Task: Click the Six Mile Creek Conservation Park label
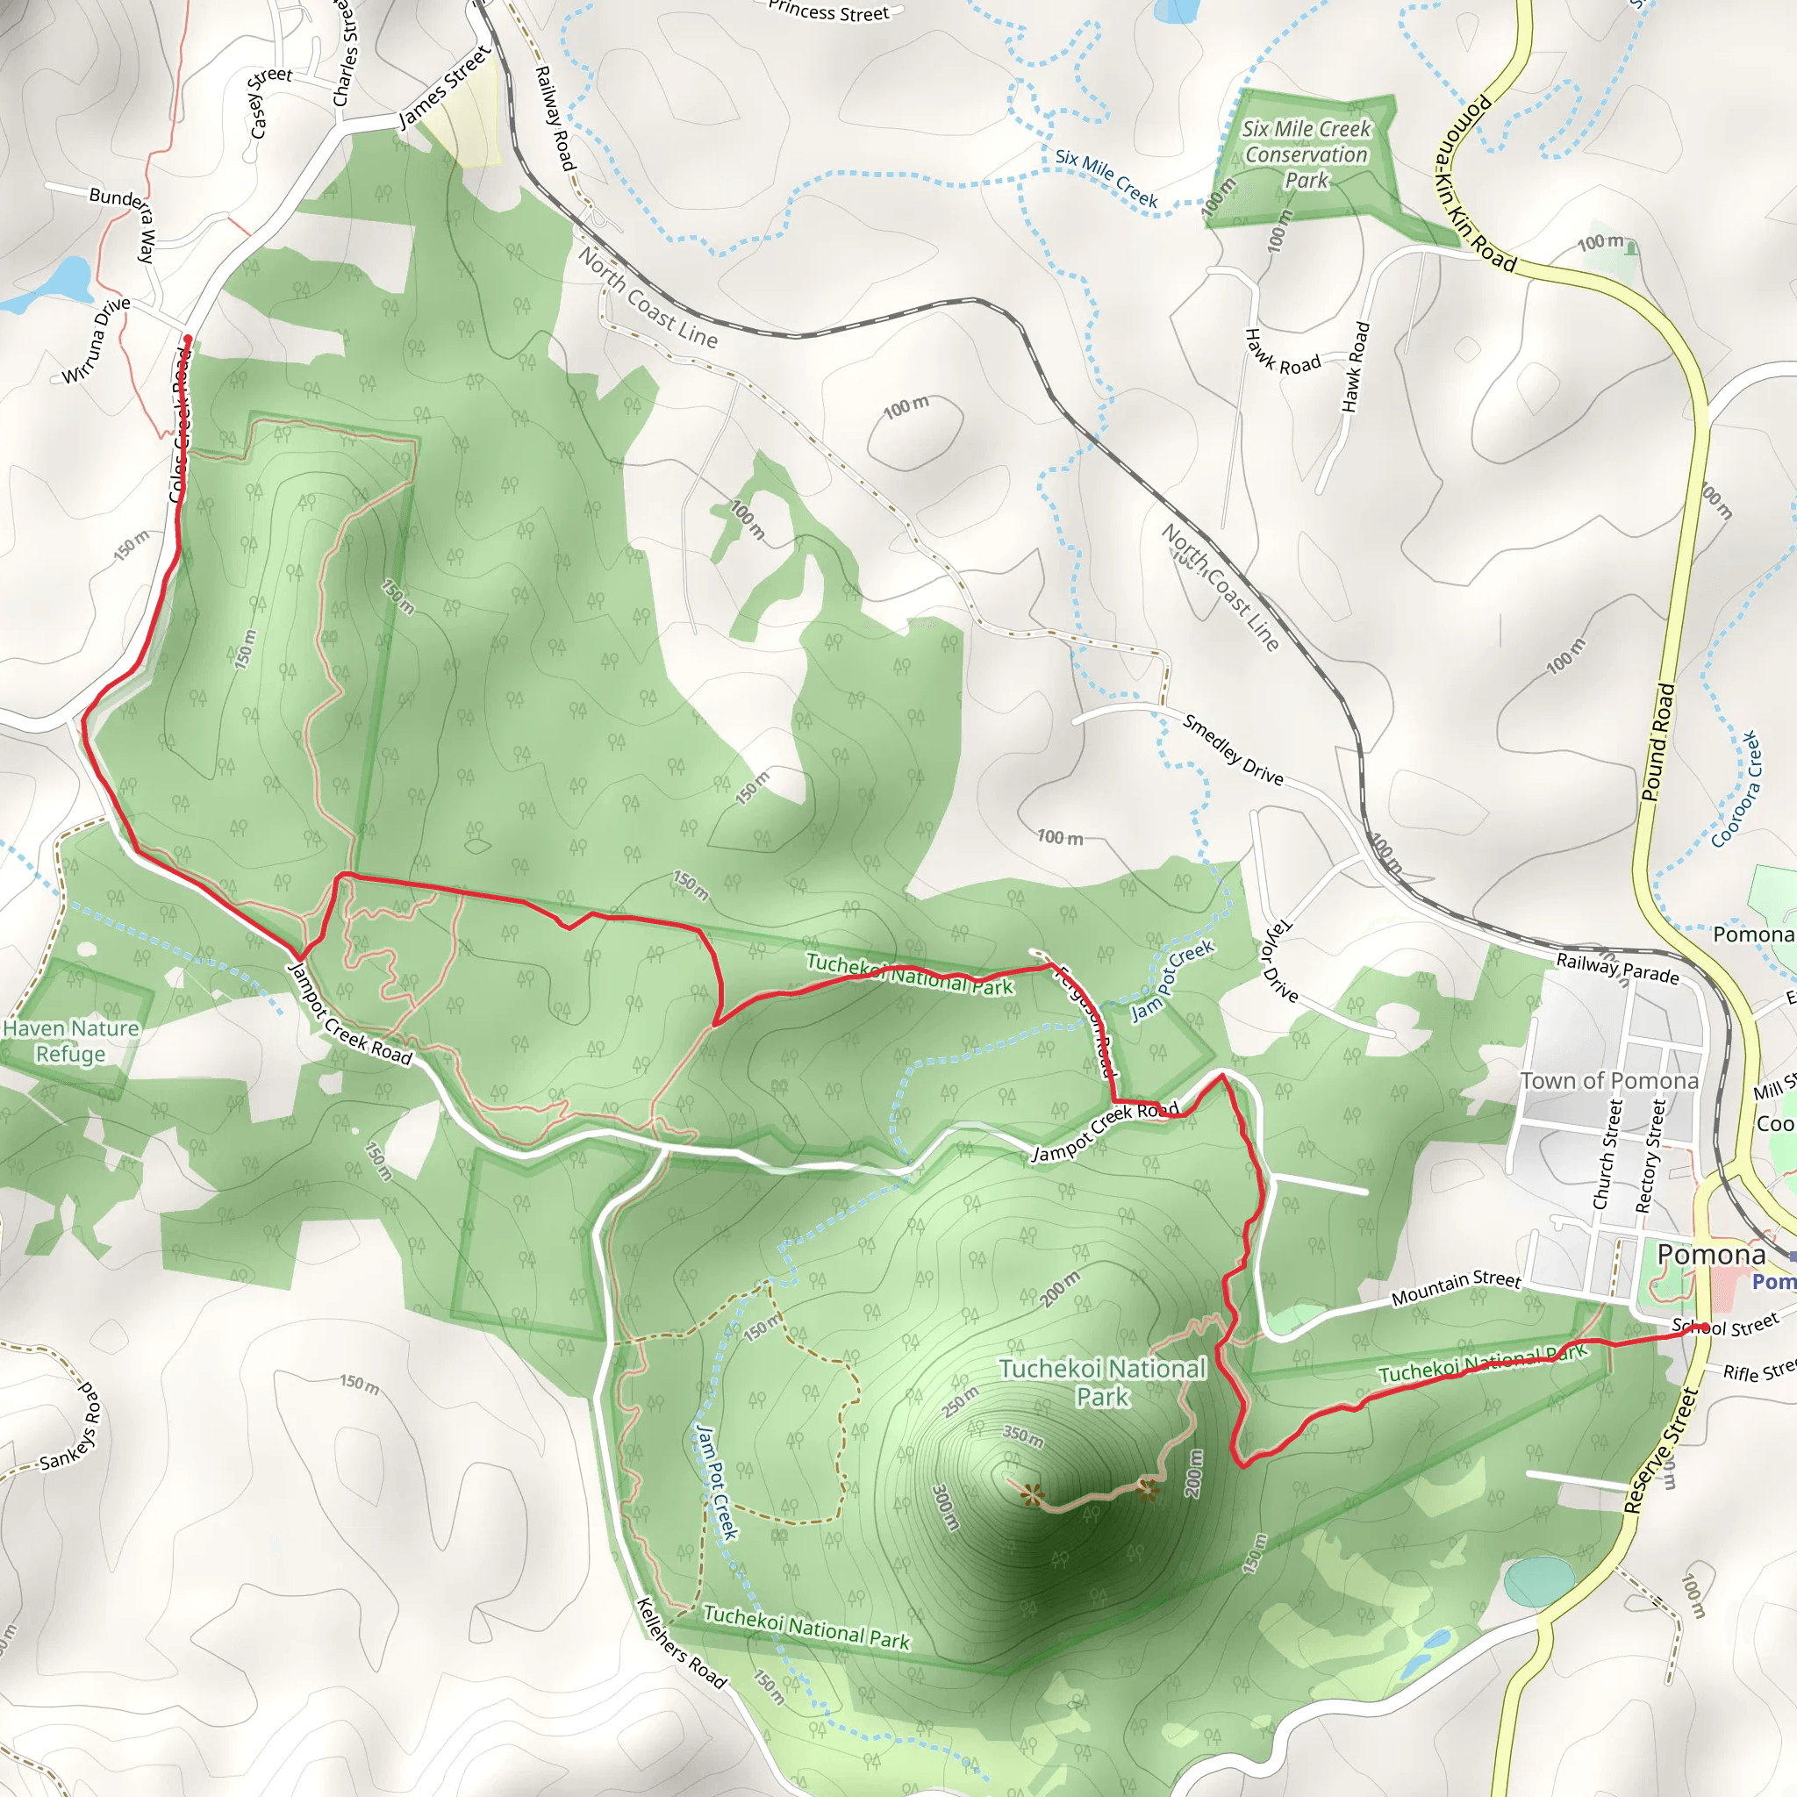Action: tap(1306, 154)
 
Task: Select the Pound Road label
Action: tap(1657, 742)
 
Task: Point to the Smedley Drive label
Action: tap(1233, 749)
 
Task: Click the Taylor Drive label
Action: tap(1279, 960)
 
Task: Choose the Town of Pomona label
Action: tap(1609, 1081)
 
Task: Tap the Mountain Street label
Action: tap(1456, 1287)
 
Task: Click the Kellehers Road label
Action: tap(681, 1643)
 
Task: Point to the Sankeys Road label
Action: tap(71, 1428)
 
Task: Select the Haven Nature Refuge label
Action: tap(71, 1041)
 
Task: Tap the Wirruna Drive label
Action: tap(96, 340)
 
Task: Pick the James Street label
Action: tap(444, 88)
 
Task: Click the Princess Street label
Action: tap(827, 12)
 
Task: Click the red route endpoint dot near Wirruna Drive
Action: tap(188, 340)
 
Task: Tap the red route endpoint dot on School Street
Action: tap(1704, 1328)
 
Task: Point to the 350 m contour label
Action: tap(1022, 1436)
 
